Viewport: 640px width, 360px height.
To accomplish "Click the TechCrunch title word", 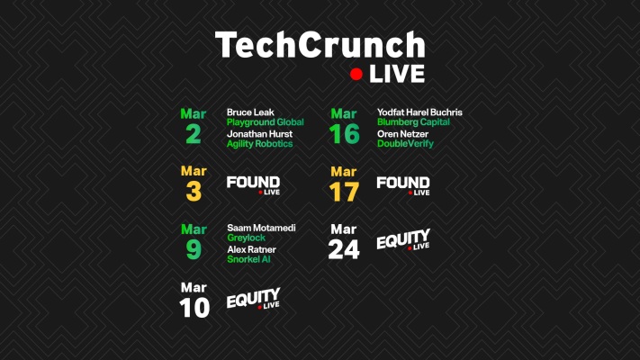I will (320, 45).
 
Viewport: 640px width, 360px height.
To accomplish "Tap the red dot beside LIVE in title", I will (356, 74).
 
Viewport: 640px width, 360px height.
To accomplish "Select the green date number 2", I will (194, 133).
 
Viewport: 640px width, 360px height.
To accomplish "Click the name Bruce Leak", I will (250, 112).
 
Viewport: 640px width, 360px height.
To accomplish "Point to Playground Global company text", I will (265, 122).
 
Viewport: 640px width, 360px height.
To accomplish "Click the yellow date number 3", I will (194, 191).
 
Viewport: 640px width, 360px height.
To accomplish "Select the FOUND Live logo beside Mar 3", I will (253, 185).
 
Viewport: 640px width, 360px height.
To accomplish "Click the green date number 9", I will (194, 248).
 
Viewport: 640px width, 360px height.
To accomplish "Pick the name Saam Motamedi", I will (261, 228).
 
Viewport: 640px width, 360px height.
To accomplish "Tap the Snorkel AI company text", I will (249, 259).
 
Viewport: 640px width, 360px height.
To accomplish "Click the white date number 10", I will (194, 307).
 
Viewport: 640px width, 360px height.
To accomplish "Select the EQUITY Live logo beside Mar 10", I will (253, 301).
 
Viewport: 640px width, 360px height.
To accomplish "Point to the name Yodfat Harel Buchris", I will (419, 112).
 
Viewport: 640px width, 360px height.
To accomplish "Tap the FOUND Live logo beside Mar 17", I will (402, 185).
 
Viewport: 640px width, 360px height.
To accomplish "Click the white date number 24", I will (343, 248).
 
